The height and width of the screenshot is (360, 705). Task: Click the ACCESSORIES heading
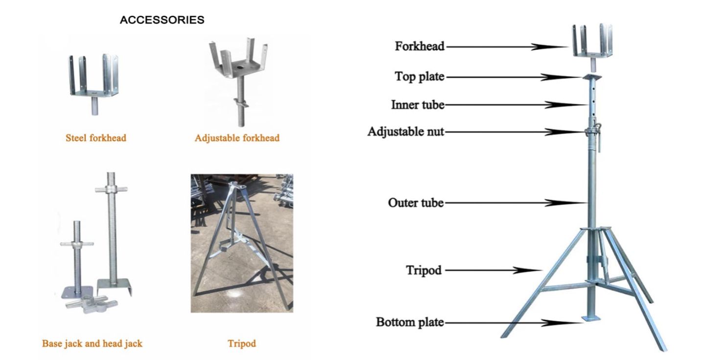162,20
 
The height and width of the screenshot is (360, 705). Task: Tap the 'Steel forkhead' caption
96,138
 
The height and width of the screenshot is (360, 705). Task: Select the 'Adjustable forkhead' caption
237,138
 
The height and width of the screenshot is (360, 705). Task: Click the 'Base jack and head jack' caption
92,343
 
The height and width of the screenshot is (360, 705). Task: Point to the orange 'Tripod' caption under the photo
242,343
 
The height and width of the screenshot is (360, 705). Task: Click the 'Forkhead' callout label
420,47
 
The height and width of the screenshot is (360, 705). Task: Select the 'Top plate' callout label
420,76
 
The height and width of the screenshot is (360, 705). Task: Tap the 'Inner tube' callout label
418,104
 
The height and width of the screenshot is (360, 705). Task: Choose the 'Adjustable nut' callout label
406,132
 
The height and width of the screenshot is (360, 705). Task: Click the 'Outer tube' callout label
416,203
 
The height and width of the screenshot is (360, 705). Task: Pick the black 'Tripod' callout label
423,270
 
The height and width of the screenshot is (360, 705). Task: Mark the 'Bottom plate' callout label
410,322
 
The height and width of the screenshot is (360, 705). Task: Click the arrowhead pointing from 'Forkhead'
549,47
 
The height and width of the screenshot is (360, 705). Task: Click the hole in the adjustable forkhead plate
240,68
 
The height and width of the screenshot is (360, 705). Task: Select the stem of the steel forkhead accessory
95,106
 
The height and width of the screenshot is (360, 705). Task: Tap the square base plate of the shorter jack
77,292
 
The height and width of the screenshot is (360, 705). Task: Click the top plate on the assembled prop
592,77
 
